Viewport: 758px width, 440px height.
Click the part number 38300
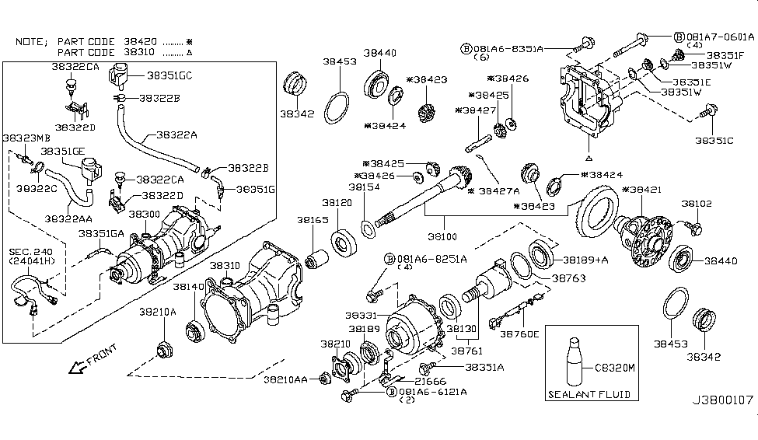point(145,213)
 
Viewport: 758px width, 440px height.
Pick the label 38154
point(363,187)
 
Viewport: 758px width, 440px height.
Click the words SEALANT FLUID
point(589,394)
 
